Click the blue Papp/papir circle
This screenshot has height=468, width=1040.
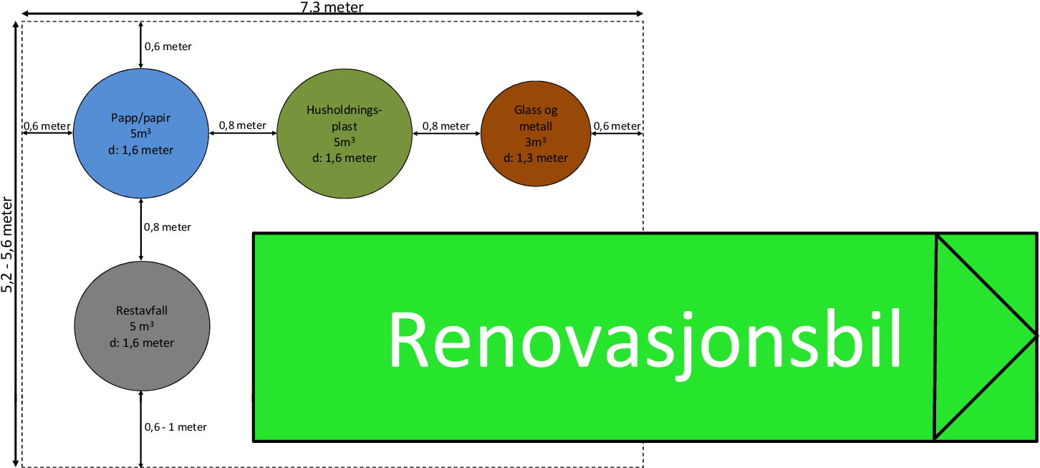click(141, 133)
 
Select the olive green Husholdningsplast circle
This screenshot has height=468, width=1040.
click(345, 134)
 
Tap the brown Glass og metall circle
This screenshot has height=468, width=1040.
click(536, 134)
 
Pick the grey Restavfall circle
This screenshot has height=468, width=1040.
click(142, 326)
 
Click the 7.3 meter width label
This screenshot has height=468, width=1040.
click(332, 7)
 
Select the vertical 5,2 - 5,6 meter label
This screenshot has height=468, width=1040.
click(7, 244)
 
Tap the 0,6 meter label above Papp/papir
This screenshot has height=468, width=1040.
click(168, 47)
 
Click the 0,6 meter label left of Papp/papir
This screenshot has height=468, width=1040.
click(47, 126)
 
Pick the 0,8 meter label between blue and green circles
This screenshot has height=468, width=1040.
click(242, 125)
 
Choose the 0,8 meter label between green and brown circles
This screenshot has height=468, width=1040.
click(446, 126)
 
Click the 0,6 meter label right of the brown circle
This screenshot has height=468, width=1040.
click(617, 126)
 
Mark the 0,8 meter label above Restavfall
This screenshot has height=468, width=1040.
click(167, 227)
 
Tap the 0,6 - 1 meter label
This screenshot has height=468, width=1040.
click(175, 427)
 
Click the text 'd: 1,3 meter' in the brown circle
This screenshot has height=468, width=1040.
click(536, 158)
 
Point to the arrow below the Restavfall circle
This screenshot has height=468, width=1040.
click(141, 429)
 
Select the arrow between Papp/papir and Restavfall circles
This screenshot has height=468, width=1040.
click(141, 229)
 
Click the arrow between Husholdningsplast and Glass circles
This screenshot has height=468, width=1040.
click(447, 134)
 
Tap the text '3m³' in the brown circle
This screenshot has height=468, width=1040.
click(536, 142)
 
